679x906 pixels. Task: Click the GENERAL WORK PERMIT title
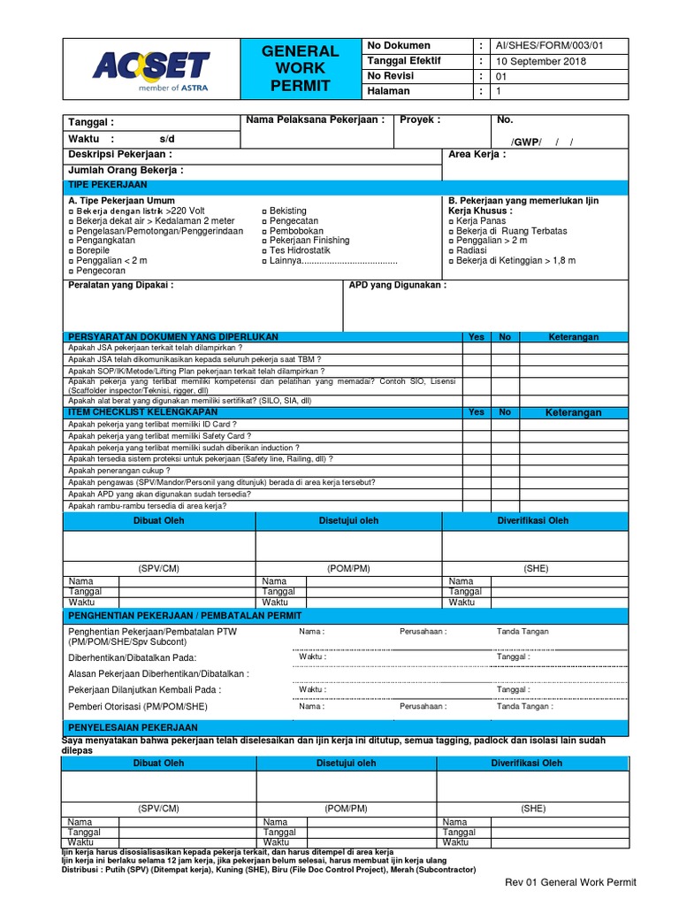point(300,68)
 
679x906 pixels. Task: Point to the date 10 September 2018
point(542,60)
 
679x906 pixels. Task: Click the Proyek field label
point(419,120)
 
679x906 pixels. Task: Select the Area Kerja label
point(477,154)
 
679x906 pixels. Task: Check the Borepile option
point(91,250)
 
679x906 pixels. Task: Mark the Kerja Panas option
point(483,221)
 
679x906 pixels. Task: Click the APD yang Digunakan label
point(398,285)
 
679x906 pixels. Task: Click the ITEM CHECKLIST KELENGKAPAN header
point(142,411)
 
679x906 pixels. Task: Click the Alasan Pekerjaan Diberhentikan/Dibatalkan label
point(159,673)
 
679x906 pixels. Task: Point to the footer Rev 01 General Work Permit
point(569,882)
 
